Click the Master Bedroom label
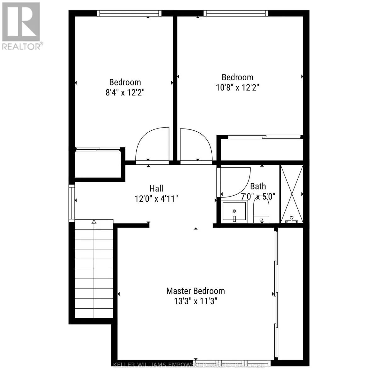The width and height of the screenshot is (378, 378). pos(196,291)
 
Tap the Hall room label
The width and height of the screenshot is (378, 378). pos(156,188)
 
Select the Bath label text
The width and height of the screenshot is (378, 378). pos(258,186)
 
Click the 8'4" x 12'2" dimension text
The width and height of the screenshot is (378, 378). pos(125,93)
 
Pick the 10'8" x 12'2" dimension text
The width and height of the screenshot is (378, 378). pos(237,88)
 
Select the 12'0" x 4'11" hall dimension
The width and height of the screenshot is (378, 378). pos(156,199)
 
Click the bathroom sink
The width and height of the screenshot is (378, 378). pos(234,211)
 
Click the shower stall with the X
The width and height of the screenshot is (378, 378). pos(291,194)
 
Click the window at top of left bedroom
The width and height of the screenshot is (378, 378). pos(129,13)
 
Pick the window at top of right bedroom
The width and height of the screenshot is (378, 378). pos(236,13)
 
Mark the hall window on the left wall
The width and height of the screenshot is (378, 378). pos(72,202)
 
